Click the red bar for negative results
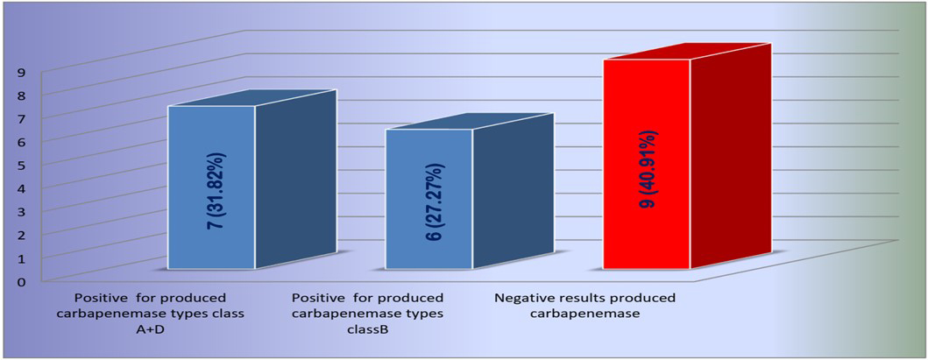[647, 165]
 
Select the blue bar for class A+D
[212, 187]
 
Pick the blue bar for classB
[429, 199]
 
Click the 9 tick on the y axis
[21, 72]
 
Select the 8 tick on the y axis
[21, 95]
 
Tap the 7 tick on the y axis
[21, 118]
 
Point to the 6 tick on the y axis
[21, 142]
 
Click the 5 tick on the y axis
[21, 165]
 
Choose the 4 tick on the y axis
[21, 188]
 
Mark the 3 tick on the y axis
[21, 211]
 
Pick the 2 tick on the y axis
[21, 235]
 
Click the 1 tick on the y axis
[21, 258]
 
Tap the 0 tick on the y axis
[21, 281]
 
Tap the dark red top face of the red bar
[687, 51]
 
